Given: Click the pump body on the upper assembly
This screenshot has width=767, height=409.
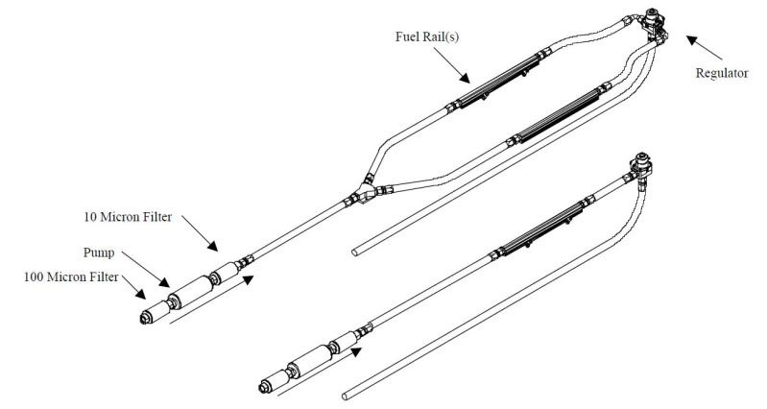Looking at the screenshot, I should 193,287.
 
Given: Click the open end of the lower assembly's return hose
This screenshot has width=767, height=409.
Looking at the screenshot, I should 345,393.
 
